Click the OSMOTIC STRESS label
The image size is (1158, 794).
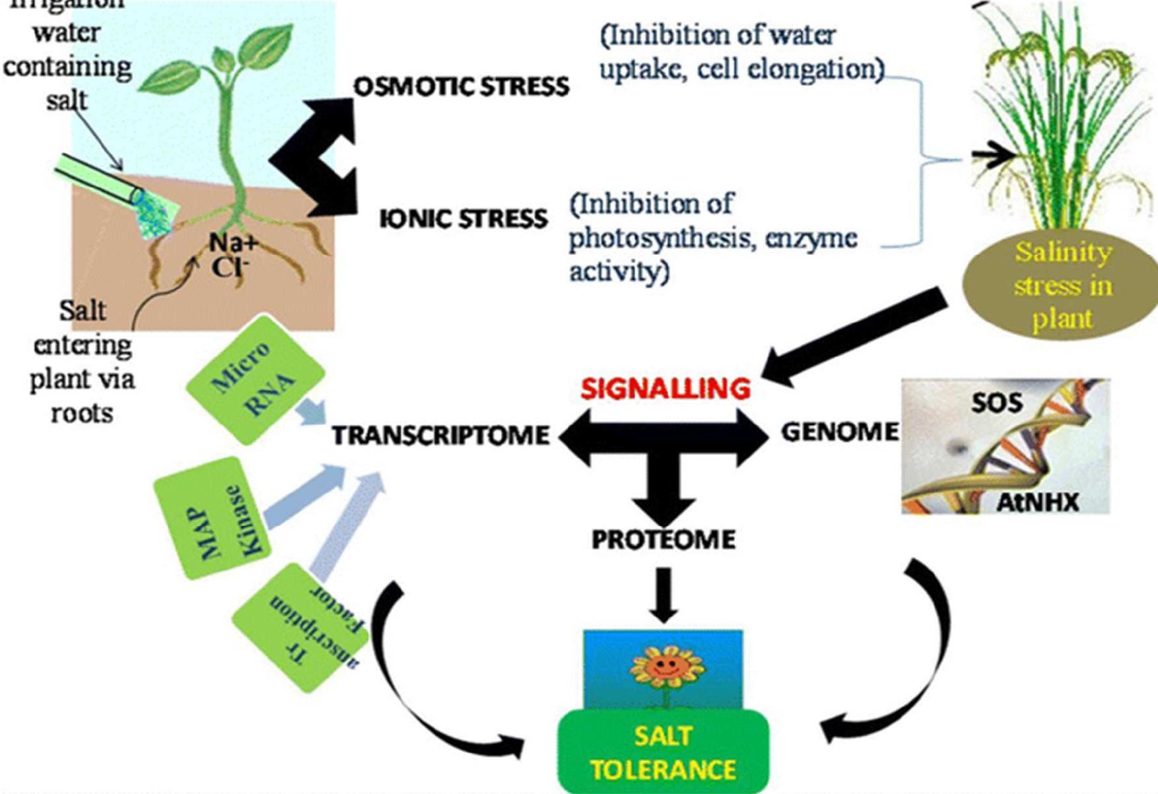pyautogui.click(x=461, y=86)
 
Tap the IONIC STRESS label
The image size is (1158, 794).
pyautogui.click(x=463, y=218)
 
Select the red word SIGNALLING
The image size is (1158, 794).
pyautogui.click(x=665, y=388)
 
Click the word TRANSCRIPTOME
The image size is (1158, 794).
pyautogui.click(x=440, y=435)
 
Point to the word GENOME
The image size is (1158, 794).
pyautogui.click(x=840, y=432)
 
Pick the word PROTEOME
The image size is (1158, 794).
pyautogui.click(x=663, y=539)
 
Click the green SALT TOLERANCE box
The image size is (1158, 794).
pyautogui.click(x=663, y=752)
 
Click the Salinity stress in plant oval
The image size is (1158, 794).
pyautogui.click(x=1062, y=285)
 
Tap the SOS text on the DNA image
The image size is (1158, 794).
pyautogui.click(x=996, y=403)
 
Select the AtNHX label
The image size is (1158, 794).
pyautogui.click(x=1037, y=503)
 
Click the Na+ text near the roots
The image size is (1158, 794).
pyautogui.click(x=233, y=243)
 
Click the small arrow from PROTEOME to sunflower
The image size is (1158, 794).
pyautogui.click(x=664, y=594)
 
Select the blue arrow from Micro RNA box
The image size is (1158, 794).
pyautogui.click(x=310, y=413)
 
